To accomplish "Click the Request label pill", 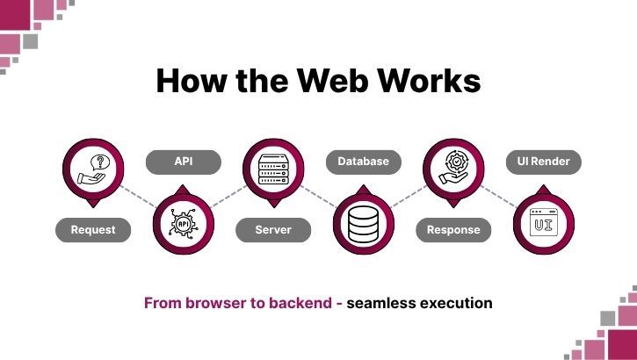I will [x=92, y=230].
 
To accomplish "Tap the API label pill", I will [x=183, y=162].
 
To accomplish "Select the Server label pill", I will [x=273, y=230].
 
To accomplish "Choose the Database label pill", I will [x=363, y=162].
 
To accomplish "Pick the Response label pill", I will [x=453, y=230].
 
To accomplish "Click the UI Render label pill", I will [x=543, y=162].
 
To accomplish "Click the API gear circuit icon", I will [x=183, y=225].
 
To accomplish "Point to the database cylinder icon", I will [x=363, y=225].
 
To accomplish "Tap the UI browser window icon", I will [x=543, y=225].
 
